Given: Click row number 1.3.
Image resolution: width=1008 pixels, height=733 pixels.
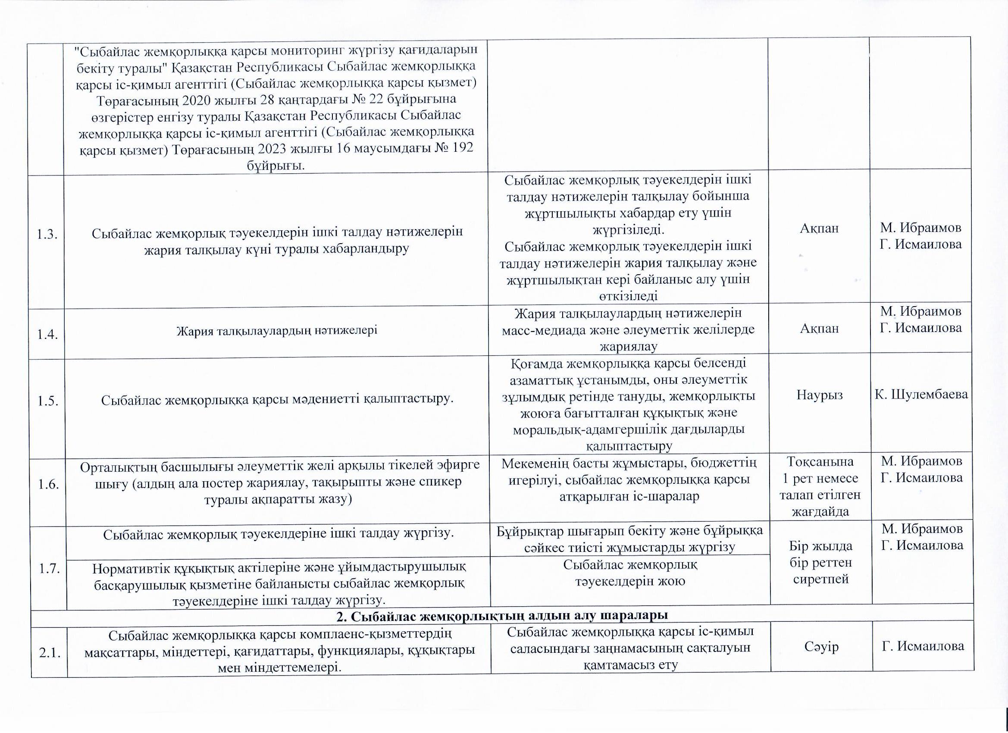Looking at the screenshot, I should [x=47, y=235].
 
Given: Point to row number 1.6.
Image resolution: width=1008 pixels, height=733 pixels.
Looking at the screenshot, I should [x=48, y=484].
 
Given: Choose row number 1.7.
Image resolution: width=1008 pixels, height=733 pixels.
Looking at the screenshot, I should [x=49, y=569].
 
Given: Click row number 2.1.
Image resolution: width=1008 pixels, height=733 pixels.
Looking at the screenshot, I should [x=50, y=653].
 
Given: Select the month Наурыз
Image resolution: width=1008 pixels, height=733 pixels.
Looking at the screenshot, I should [x=820, y=395].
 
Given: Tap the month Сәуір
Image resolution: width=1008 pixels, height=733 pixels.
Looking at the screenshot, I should [x=821, y=646].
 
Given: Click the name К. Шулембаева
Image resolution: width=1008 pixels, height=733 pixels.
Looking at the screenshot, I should [x=921, y=394].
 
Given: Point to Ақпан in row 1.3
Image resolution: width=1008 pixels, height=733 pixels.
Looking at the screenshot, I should [x=819, y=229].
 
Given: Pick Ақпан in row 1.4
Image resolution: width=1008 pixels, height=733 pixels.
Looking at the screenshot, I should [x=819, y=329].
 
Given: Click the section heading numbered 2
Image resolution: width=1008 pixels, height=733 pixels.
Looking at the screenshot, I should [x=502, y=616].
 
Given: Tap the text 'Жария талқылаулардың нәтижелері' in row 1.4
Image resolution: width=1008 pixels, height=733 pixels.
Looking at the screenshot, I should [x=276, y=331].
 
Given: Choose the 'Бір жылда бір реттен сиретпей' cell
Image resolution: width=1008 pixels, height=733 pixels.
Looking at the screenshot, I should [x=821, y=562].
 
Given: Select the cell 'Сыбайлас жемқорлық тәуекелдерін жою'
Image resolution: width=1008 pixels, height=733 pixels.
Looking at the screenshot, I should [x=630, y=573].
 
